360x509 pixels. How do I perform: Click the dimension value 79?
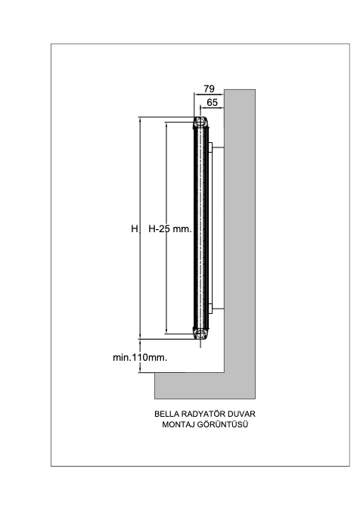209,88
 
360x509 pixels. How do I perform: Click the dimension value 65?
212,103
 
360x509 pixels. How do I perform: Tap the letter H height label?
135,229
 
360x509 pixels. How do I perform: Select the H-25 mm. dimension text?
170,229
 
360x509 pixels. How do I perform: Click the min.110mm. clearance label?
140,358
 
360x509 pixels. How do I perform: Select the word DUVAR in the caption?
241,414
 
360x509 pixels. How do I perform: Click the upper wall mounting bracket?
216,147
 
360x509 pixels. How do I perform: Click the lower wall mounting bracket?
216,309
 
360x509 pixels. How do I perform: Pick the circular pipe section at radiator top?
200,123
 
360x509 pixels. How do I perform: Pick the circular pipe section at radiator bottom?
200,333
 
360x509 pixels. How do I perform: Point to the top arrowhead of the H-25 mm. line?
166,125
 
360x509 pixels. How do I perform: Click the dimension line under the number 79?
209,95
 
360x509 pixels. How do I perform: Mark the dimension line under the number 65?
212,108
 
